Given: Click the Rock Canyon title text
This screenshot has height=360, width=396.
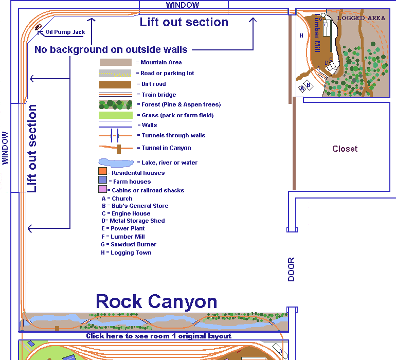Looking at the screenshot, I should click(x=156, y=301).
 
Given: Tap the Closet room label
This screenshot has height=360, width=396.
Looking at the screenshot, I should click(x=345, y=149).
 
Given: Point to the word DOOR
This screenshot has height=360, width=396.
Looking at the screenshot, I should click(x=292, y=269).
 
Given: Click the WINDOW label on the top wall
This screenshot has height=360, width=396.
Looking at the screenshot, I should click(x=183, y=5).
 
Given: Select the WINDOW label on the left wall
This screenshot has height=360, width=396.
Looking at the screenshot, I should click(x=6, y=148).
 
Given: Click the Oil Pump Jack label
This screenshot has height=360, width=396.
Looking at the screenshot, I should click(x=65, y=32).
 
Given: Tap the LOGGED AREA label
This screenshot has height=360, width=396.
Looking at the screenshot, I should click(x=361, y=18).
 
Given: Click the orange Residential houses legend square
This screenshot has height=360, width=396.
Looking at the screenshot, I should click(x=102, y=171).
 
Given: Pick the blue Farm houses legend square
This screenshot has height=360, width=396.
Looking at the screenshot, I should click(x=102, y=181).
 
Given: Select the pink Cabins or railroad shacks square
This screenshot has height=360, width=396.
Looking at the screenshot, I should click(x=102, y=189).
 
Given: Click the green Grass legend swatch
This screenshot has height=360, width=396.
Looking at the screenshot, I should click(x=116, y=115).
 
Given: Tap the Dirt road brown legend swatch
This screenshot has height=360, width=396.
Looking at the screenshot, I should click(x=116, y=84).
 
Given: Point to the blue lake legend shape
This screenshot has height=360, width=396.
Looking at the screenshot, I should click(x=115, y=162).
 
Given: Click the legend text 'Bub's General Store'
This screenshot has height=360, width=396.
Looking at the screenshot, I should click(x=135, y=206).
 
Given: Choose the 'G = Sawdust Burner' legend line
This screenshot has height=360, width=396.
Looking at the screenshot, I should click(x=129, y=244).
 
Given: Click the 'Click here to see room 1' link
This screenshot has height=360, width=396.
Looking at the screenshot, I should click(x=158, y=336).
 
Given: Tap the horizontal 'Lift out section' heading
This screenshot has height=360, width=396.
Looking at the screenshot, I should click(x=184, y=22).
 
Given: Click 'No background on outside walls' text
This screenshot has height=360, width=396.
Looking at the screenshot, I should click(x=111, y=49).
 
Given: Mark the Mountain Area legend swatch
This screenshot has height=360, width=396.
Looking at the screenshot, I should click(x=116, y=62).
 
